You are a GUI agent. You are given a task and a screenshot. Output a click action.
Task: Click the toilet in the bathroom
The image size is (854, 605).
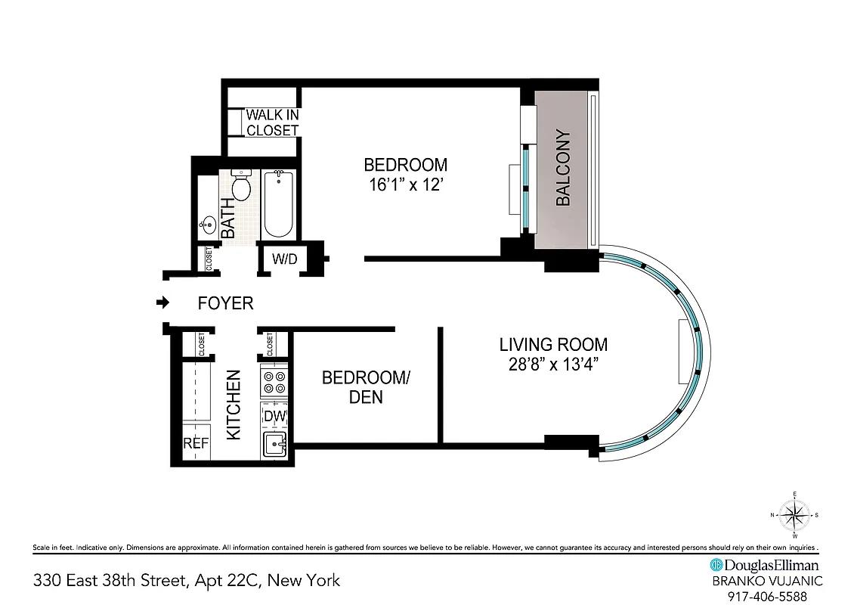coord(241,186)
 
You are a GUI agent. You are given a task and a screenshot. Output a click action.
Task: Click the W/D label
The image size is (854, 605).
coord(284,259)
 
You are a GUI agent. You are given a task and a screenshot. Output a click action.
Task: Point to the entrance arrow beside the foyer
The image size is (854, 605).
coord(162,303)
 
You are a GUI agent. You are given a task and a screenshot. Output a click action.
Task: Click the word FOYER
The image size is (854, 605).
coord(225,303)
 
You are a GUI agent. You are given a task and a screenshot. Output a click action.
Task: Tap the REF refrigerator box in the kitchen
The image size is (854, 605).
coord(196,443)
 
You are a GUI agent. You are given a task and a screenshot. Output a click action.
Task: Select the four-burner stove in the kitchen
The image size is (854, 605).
coord(274,382)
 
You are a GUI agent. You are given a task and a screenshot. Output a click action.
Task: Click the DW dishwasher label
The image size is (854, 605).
coord(273,416)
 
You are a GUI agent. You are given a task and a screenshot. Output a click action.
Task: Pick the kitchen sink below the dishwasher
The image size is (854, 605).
coord(274,445)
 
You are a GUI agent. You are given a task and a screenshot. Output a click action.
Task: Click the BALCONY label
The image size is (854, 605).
coord(563,169)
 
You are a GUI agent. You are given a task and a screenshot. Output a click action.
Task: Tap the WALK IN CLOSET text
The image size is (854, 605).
coord(272,123)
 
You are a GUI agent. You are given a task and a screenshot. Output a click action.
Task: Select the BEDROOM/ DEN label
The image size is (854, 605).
coord(365,386)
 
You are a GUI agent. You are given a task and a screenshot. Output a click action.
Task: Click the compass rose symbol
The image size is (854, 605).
coord(794,516)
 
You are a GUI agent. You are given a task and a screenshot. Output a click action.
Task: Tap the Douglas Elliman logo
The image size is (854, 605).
coord(764,565)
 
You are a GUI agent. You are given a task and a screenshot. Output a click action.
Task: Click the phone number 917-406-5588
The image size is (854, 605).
coord(764,596)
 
